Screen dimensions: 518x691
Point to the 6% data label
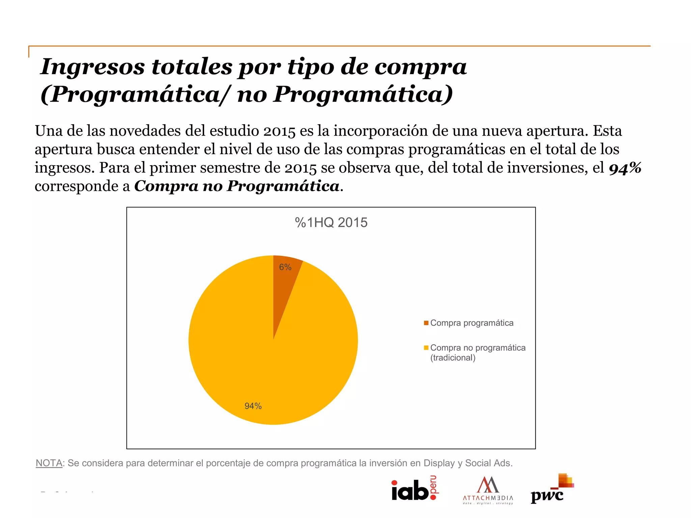pos(285,267)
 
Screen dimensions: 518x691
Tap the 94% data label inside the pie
pos(253,406)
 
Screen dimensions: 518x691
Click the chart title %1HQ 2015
pos(331,223)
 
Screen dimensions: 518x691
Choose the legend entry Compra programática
pos(472,323)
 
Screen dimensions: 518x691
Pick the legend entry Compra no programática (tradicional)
pos(477,352)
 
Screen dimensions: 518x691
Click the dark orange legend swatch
pos(426,323)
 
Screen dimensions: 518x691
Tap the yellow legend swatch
pos(426,348)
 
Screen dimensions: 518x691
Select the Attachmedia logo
pos(488,490)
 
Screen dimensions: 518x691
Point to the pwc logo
pos(552,489)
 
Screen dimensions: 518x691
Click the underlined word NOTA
pos(49,463)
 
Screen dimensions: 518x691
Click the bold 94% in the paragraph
pos(625,168)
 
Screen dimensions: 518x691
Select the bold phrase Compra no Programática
pos(237,186)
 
